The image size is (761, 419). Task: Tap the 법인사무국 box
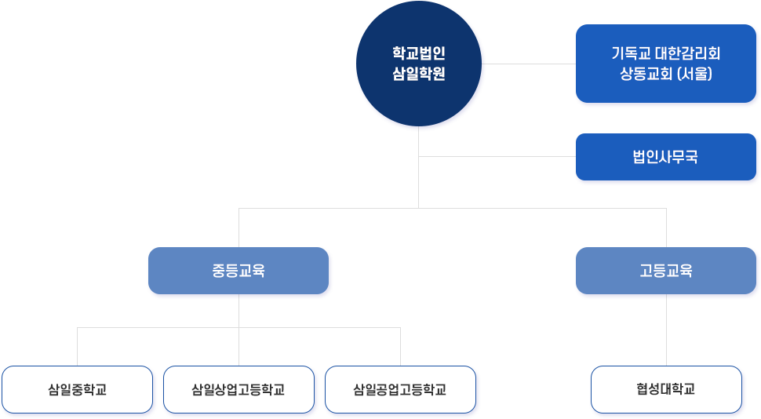pyautogui.click(x=665, y=157)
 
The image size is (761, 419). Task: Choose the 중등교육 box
pyautogui.click(x=238, y=271)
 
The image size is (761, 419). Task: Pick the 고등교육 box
pyautogui.click(x=665, y=271)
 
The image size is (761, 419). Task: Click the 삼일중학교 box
pyautogui.click(x=77, y=389)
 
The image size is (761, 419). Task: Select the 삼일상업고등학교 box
pyautogui.click(x=238, y=389)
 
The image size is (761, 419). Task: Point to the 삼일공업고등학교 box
pyautogui.click(x=400, y=389)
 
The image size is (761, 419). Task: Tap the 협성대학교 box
pyautogui.click(x=665, y=389)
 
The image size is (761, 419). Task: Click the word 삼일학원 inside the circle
pyautogui.click(x=418, y=75)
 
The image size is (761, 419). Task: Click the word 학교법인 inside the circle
pyautogui.click(x=418, y=54)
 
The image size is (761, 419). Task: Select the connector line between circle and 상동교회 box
pyautogui.click(x=529, y=64)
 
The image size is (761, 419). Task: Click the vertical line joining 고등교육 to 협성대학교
pyautogui.click(x=666, y=330)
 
